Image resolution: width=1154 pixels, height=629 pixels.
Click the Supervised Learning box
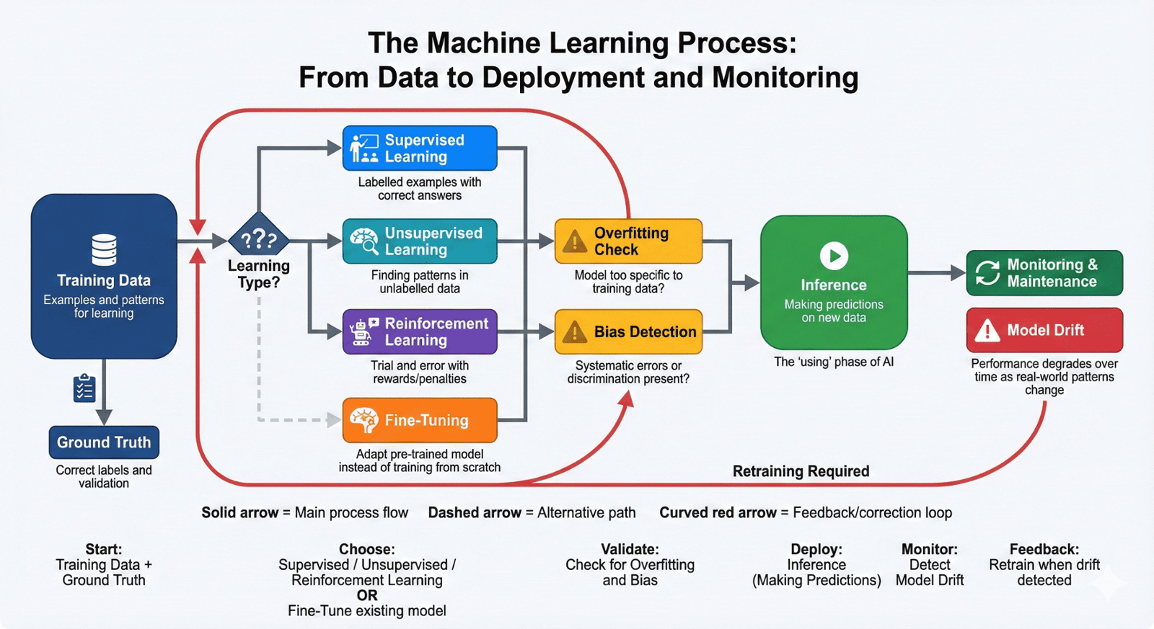click(420, 148)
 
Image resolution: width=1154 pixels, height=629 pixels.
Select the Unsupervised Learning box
click(420, 241)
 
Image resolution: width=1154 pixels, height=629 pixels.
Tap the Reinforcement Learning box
click(420, 331)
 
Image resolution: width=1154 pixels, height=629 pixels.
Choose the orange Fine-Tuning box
click(420, 420)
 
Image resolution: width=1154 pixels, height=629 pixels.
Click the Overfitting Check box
click(628, 241)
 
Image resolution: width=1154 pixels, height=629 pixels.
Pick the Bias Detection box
click(628, 331)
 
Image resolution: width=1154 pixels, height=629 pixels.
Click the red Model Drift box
click(1044, 330)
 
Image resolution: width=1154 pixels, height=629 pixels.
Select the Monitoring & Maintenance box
click(1044, 273)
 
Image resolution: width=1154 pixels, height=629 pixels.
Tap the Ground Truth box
click(104, 442)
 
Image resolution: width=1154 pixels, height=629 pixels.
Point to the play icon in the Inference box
click(834, 256)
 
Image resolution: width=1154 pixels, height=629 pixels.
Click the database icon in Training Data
click(104, 249)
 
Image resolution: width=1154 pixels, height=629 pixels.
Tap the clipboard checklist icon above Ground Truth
click(84, 388)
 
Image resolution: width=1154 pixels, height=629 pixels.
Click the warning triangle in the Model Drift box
click(987, 331)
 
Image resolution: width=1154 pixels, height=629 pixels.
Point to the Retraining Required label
click(801, 471)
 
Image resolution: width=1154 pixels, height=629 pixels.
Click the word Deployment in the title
click(563, 78)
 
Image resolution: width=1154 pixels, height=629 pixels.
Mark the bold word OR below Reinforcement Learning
click(366, 595)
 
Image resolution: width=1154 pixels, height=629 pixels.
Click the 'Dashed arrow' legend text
click(475, 512)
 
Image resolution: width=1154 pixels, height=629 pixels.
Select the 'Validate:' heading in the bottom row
click(630, 549)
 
